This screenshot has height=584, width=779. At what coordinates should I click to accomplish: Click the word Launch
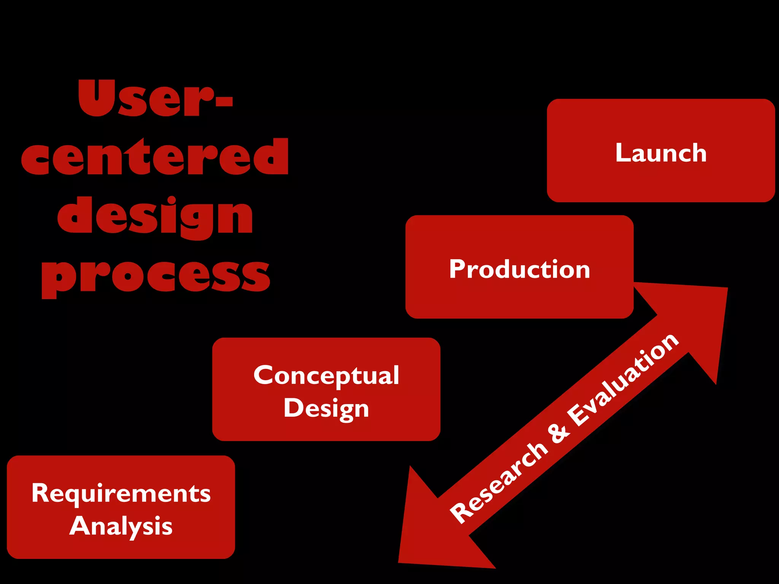[x=661, y=153]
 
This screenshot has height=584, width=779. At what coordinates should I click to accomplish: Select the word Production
[x=520, y=269]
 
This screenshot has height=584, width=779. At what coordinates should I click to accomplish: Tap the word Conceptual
[x=326, y=376]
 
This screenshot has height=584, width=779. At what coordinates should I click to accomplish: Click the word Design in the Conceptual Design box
[x=326, y=409]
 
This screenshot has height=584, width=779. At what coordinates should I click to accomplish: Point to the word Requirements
[x=121, y=494]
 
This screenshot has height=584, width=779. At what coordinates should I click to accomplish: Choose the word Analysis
[x=121, y=527]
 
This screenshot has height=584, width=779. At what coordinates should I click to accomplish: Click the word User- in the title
[x=155, y=98]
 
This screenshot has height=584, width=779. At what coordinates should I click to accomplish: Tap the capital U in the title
[x=97, y=97]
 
